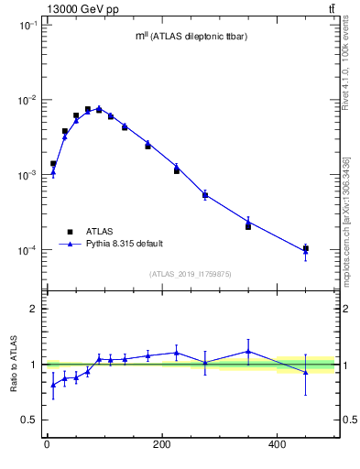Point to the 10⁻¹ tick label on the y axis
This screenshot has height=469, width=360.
(x=25, y=26)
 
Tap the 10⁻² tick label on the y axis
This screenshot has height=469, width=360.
(x=25, y=100)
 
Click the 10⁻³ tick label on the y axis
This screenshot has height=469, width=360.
(x=25, y=175)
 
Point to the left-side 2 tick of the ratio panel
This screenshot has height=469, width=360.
(x=33, y=310)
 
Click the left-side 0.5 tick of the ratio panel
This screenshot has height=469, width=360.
(x=29, y=420)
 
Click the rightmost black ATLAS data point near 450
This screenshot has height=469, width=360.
(x=306, y=248)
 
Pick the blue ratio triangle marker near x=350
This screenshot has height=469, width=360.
(x=248, y=351)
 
